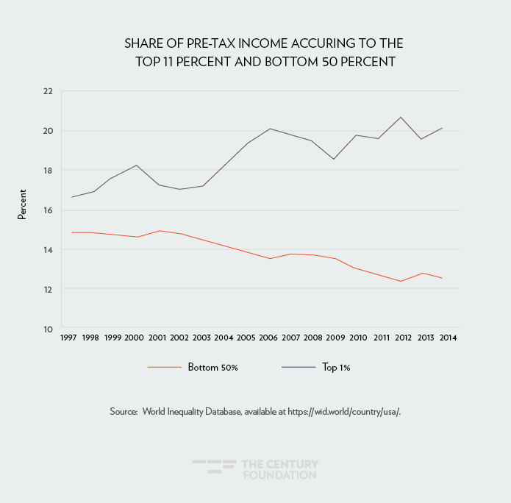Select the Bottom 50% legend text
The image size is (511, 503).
[x=212, y=367]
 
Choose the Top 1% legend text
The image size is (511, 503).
[x=336, y=367]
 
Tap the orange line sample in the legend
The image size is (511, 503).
[x=164, y=367]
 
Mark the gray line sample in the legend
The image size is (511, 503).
[x=298, y=367]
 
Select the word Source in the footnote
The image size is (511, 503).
[x=124, y=412]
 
